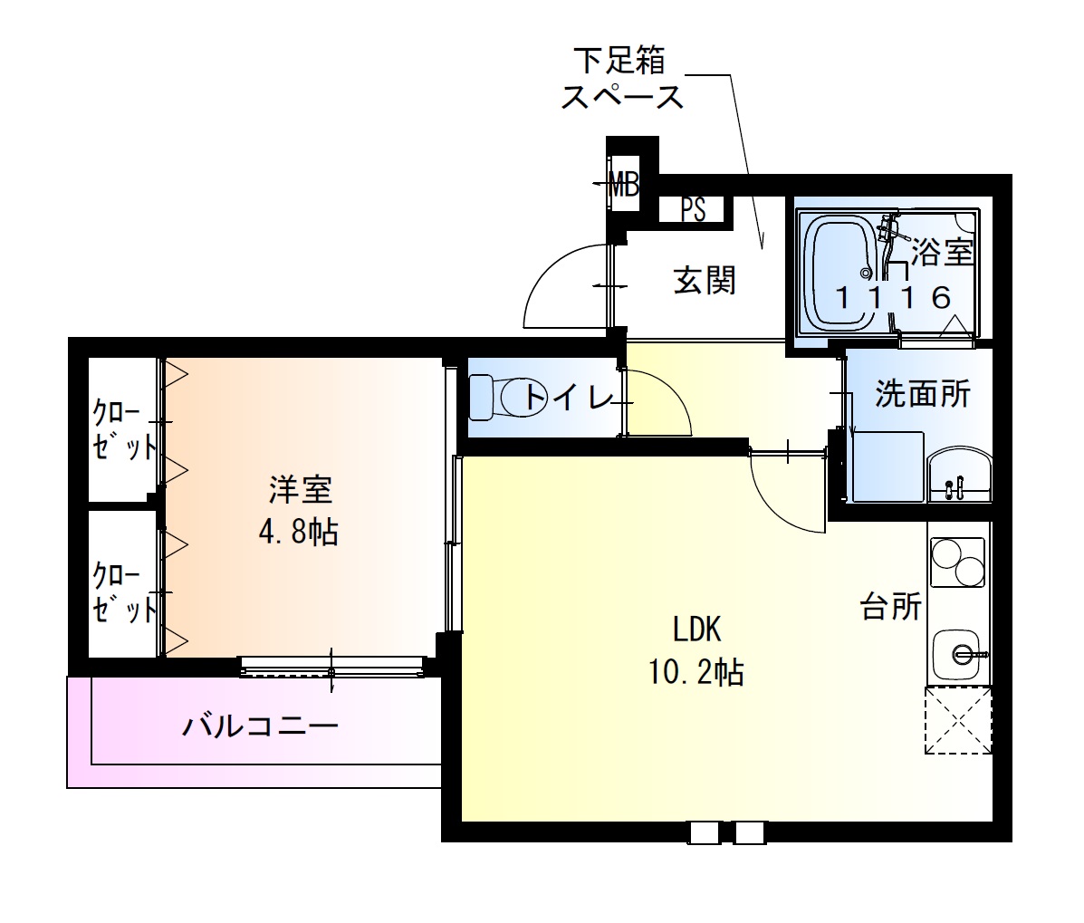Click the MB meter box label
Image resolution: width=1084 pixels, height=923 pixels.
pos(623,187)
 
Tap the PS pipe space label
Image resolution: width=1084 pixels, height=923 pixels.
pos(693,210)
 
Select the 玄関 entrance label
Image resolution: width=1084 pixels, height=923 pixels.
pos(704,282)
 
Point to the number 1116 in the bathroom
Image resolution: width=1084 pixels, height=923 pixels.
pos(893,296)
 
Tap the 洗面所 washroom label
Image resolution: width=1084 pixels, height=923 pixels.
pos(922,394)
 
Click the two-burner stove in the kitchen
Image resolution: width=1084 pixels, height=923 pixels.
pos(958,562)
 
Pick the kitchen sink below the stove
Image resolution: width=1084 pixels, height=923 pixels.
pos(958,653)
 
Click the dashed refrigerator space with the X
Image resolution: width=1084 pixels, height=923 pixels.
pos(958,720)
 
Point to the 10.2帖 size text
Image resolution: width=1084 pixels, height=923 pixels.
pos(695,671)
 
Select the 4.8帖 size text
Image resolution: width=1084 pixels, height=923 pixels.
pos(298,533)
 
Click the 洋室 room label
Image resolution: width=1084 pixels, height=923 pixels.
pos(300,489)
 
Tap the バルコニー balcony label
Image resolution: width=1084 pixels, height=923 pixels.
pos(260,726)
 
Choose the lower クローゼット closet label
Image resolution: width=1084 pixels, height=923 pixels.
pos(123,592)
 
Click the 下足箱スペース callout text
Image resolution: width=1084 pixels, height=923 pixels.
pos(622,79)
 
